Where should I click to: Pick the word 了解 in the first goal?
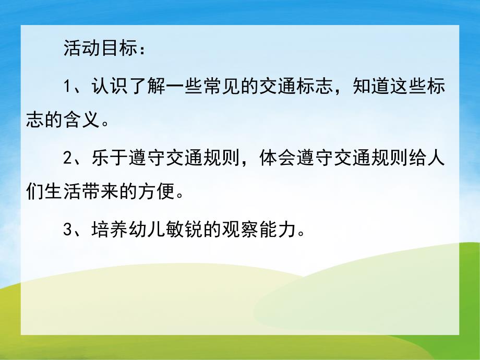point(141,86)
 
